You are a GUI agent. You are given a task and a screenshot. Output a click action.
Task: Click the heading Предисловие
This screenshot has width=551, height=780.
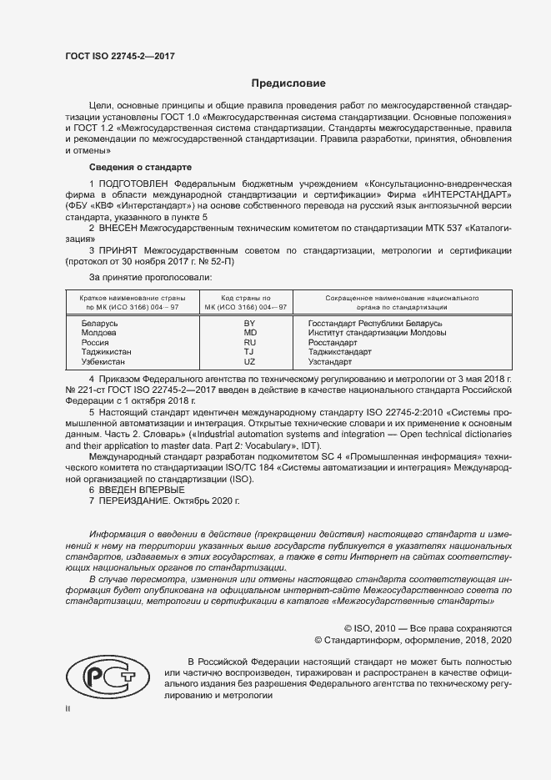coord(289,83)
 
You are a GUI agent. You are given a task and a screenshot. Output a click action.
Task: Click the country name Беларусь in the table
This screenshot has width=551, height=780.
coord(100,322)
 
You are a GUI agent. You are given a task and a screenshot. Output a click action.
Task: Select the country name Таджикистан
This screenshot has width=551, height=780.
coord(107,352)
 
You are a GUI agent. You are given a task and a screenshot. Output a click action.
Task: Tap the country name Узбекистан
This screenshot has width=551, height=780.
coord(103,362)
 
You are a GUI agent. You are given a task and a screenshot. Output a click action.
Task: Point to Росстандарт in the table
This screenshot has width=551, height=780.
coord(333,342)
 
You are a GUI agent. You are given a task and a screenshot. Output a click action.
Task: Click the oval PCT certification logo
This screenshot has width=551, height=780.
coord(106,672)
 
